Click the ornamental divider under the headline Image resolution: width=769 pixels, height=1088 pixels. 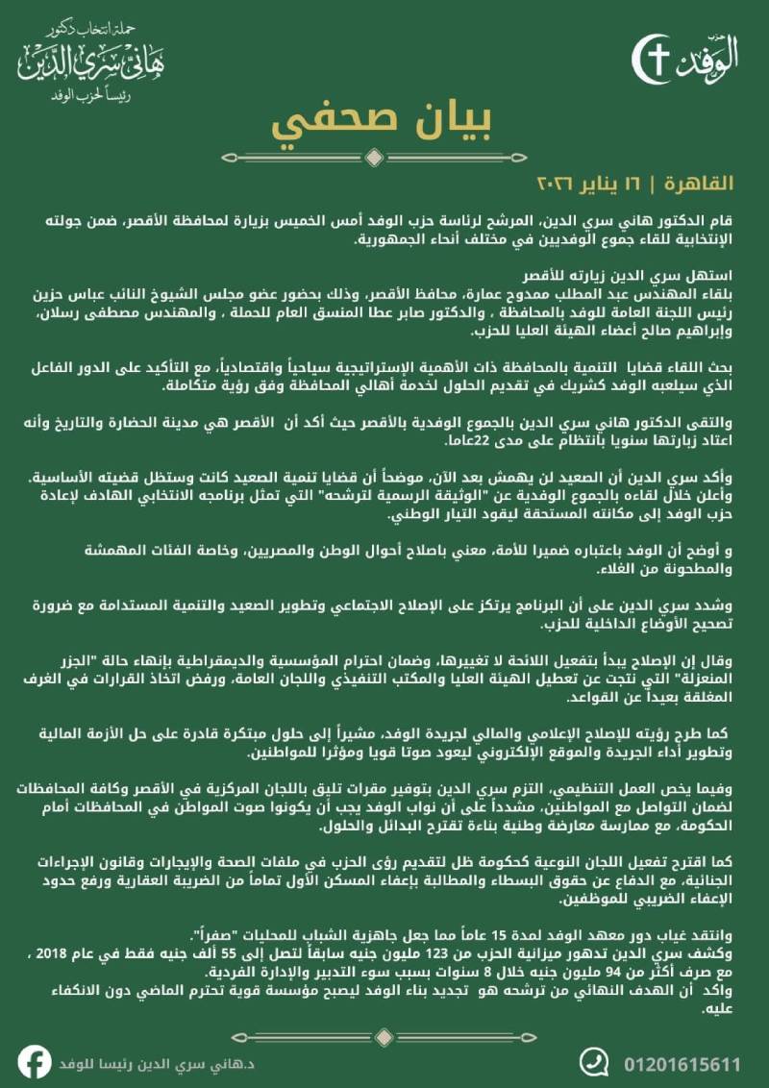pyautogui.click(x=384, y=156)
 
